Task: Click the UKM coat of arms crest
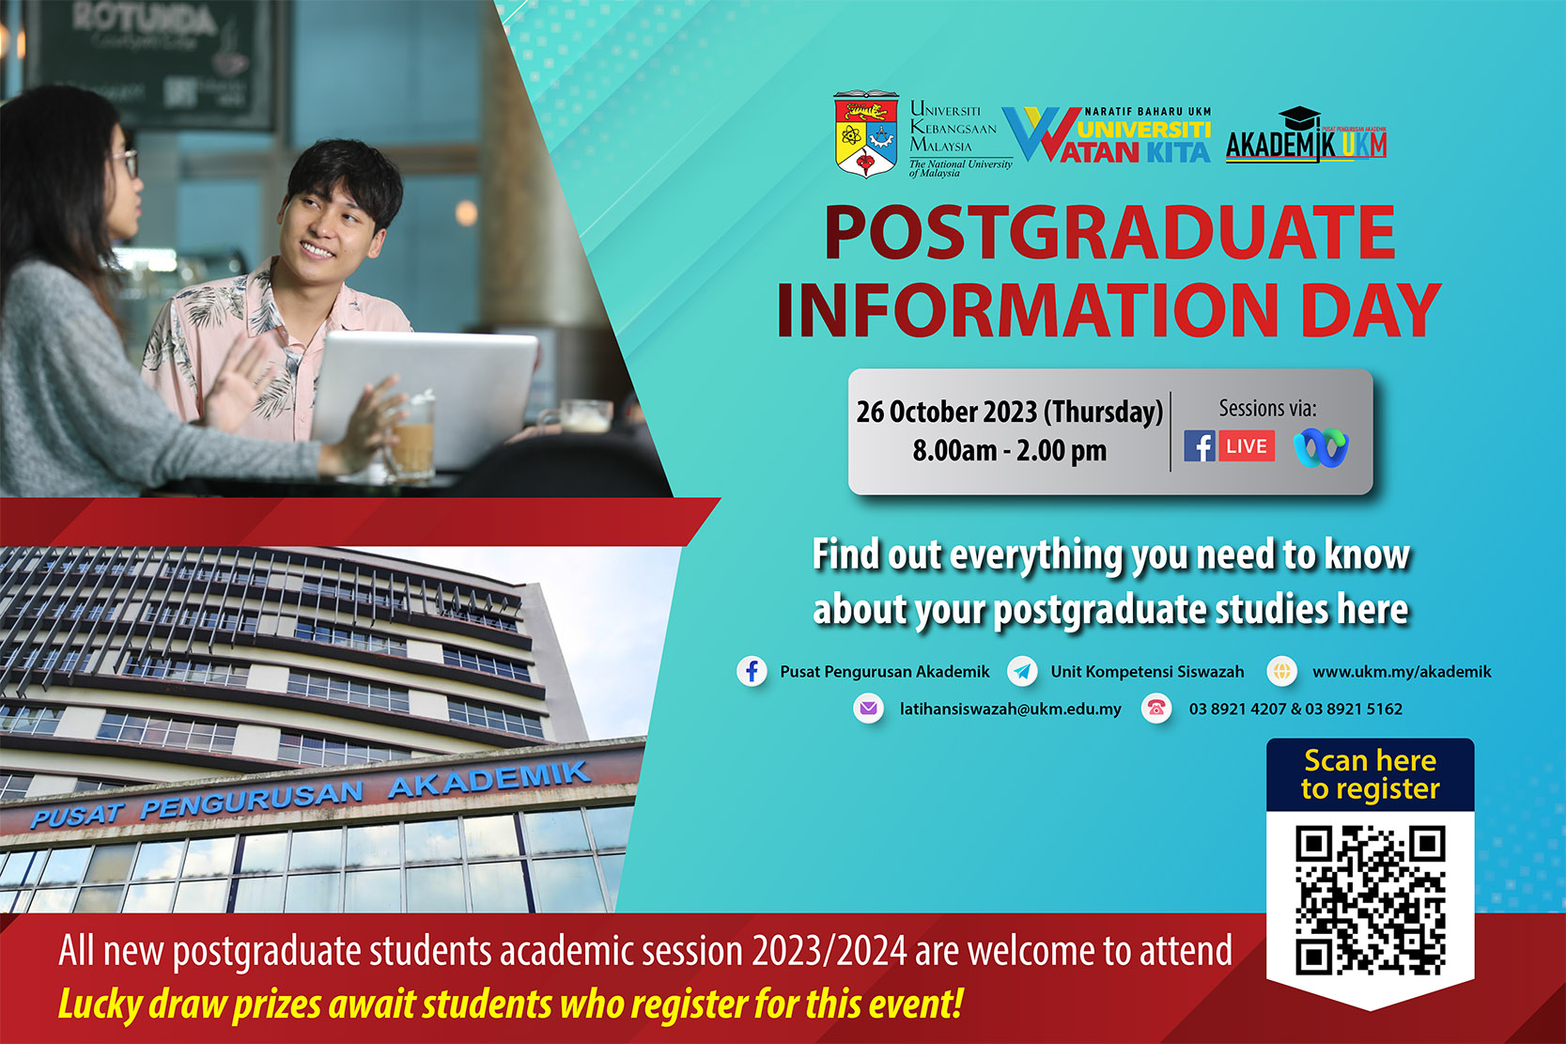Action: pyautogui.click(x=866, y=134)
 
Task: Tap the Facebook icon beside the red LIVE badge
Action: pyautogui.click(x=1199, y=446)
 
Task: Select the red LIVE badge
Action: pyautogui.click(x=1247, y=446)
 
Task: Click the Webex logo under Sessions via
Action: pyautogui.click(x=1321, y=447)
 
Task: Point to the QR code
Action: pyautogui.click(x=1371, y=900)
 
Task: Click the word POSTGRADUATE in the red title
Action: pyautogui.click(x=1110, y=233)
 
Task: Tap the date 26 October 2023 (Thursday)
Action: pyautogui.click(x=1010, y=412)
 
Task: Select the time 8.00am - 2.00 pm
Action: pyautogui.click(x=1010, y=451)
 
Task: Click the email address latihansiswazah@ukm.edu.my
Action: pyautogui.click(x=1010, y=709)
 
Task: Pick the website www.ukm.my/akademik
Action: pyautogui.click(x=1402, y=672)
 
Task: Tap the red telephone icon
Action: pyautogui.click(x=1156, y=709)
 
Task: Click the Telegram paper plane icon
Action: pyautogui.click(x=1022, y=672)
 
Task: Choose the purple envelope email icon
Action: pyautogui.click(x=868, y=709)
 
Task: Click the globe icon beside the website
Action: pyautogui.click(x=1282, y=671)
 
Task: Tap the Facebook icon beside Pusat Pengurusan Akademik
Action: pyautogui.click(x=752, y=672)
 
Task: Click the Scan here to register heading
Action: pyautogui.click(x=1371, y=774)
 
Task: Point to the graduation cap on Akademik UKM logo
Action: pyautogui.click(x=1299, y=117)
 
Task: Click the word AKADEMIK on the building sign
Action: pyautogui.click(x=489, y=779)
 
